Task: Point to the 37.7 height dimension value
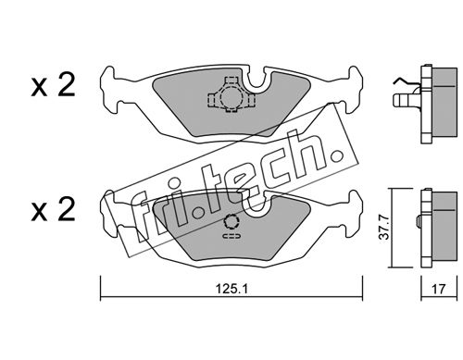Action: click(384, 228)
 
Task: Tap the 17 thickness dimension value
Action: click(439, 289)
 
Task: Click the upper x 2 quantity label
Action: click(53, 85)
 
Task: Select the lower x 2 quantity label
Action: click(53, 210)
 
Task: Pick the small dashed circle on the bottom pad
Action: click(231, 222)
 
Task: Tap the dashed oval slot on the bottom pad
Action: click(231, 237)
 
